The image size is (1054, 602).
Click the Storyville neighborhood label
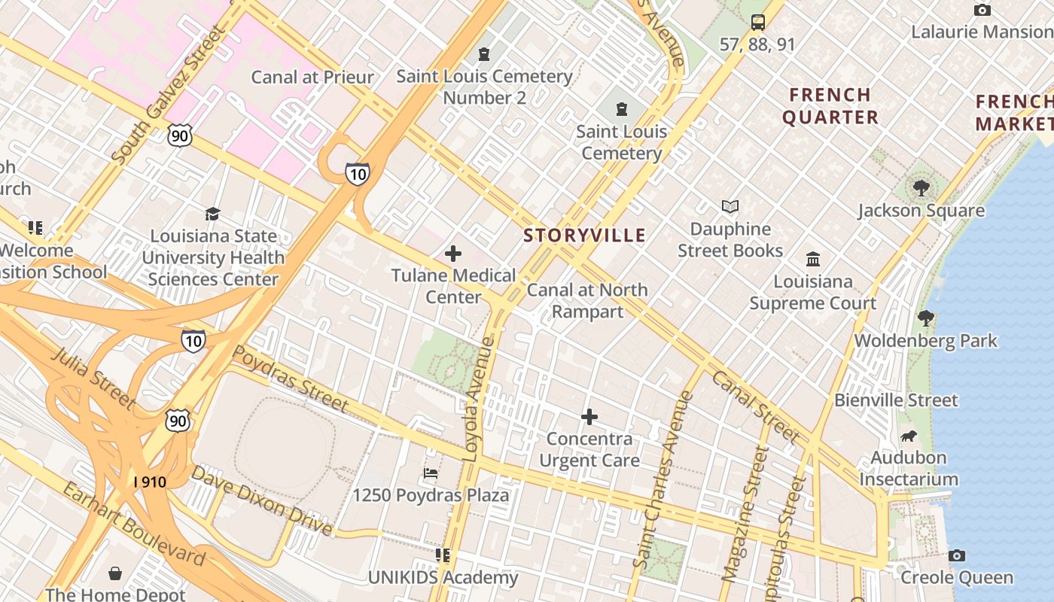584,236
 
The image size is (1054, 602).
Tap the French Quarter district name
830,106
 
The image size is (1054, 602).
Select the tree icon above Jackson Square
921,188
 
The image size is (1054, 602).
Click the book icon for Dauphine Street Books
730,206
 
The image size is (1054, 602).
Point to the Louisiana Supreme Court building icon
813,260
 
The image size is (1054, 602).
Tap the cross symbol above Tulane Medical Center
452,254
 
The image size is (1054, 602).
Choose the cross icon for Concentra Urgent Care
589,416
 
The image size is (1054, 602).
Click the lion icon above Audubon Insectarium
909,436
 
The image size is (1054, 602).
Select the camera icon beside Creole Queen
957,555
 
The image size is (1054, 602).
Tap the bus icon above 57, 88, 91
757,22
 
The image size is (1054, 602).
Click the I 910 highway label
150,482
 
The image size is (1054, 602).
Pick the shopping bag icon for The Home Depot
115,573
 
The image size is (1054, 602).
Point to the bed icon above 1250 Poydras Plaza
431,473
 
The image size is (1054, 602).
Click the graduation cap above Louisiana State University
212,214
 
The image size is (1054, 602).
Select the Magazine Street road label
742,514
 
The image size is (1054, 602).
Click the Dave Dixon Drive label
261,500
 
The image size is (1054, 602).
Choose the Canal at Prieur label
312,77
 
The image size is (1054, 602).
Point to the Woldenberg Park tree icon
925,318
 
